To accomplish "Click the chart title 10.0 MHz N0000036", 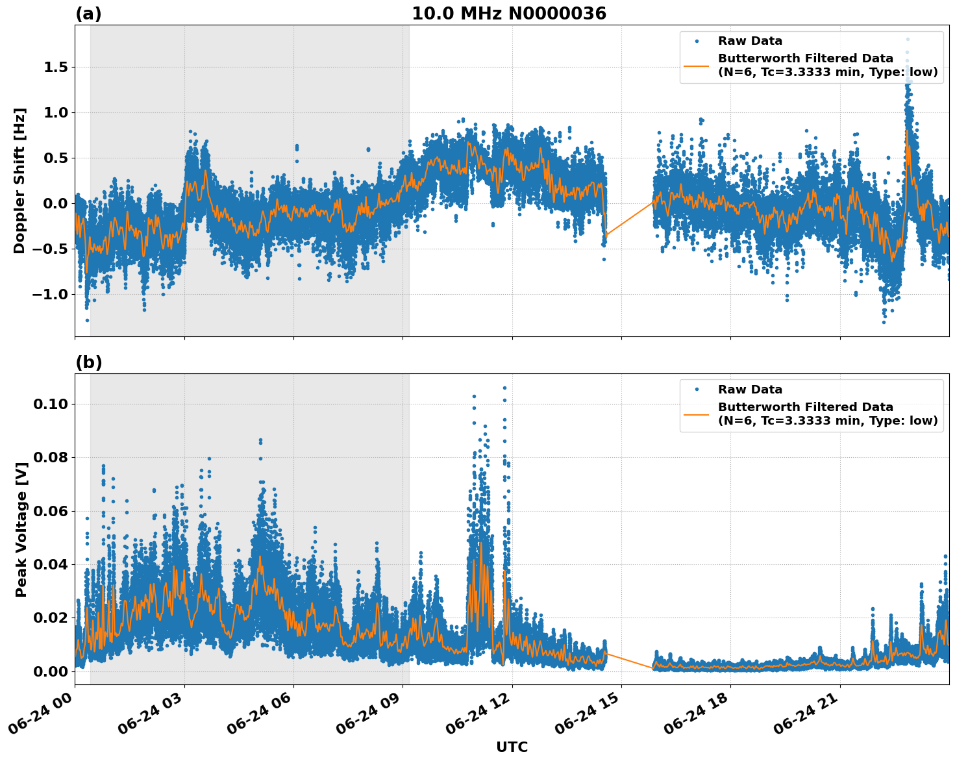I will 508,14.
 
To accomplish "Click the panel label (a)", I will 88,14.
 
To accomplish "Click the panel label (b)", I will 88,362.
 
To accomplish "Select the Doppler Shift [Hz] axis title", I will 19,181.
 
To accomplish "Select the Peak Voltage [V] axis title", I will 21,529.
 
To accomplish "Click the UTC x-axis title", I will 512,747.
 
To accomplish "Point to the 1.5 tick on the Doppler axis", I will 55,68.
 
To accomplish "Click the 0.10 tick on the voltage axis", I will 51,404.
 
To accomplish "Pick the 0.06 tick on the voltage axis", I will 51,511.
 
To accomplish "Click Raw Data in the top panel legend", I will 750,41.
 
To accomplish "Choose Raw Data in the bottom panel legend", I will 750,390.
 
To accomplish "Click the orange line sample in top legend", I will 696,66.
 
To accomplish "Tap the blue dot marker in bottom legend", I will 696,390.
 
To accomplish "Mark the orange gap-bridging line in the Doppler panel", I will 629,219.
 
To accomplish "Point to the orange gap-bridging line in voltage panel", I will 629,660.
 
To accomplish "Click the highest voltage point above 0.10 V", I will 504,388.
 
